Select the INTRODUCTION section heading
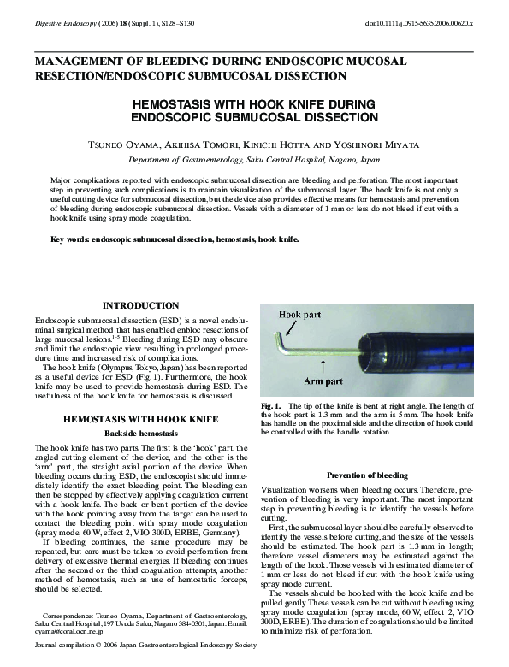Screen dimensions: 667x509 pyautogui.click(x=140, y=305)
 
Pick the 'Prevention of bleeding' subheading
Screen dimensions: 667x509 pyautogui.click(x=368, y=475)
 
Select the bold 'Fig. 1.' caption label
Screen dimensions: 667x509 pyautogui.click(x=271, y=404)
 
